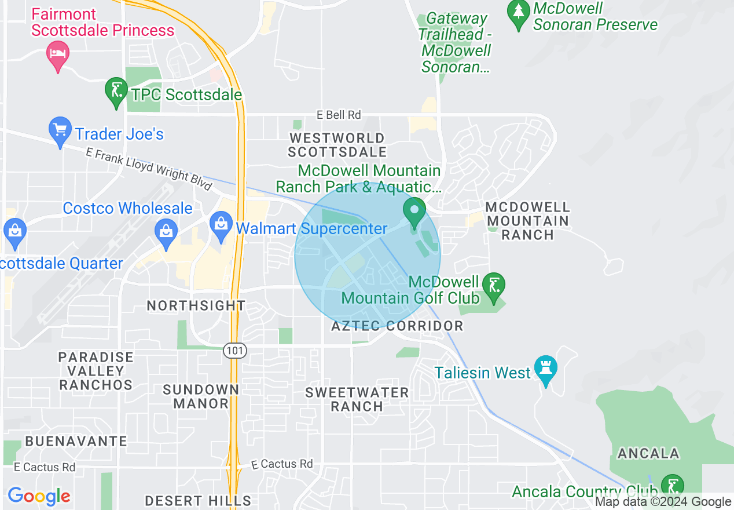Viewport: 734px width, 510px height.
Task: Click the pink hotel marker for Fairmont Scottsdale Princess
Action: click(x=57, y=55)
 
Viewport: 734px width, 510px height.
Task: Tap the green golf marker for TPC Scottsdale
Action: click(x=116, y=91)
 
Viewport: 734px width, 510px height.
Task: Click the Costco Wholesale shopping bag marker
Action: click(x=166, y=233)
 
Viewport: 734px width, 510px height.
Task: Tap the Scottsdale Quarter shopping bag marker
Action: click(x=14, y=232)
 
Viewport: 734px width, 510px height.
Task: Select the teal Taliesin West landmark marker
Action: click(x=545, y=370)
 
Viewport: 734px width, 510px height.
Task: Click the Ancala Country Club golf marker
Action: click(x=672, y=487)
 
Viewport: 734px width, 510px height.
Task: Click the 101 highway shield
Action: click(x=236, y=351)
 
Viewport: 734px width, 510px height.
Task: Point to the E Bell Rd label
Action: click(x=339, y=115)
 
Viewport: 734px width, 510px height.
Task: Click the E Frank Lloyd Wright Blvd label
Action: click(x=149, y=168)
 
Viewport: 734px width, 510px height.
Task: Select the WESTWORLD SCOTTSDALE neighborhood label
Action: click(x=337, y=145)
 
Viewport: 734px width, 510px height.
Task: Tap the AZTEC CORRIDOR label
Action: click(x=397, y=326)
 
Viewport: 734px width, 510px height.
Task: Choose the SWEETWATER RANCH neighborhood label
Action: click(x=357, y=399)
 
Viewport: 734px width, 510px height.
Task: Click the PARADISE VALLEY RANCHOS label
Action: click(x=96, y=371)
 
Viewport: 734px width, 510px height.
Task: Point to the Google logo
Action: click(x=39, y=496)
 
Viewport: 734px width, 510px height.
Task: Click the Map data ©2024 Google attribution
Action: click(x=663, y=502)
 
